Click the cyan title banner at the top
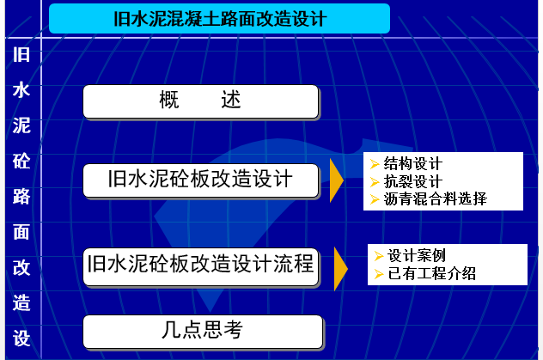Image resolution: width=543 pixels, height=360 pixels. click(x=220, y=18)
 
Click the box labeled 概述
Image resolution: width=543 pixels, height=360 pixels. click(x=201, y=101)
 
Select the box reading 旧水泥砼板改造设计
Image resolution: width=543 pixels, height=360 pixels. click(x=201, y=180)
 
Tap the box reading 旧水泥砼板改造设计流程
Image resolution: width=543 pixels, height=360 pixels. click(x=201, y=266)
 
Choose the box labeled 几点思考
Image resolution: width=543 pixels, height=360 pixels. click(x=203, y=332)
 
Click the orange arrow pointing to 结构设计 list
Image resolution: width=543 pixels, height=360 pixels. click(x=336, y=180)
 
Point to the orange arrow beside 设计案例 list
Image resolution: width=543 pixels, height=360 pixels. click(x=340, y=269)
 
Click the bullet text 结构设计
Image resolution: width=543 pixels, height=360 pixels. click(x=412, y=163)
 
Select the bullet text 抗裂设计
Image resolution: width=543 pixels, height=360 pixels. click(x=412, y=181)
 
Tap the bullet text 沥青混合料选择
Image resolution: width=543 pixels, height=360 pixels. click(x=436, y=198)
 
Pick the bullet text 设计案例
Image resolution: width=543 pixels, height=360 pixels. click(x=417, y=255)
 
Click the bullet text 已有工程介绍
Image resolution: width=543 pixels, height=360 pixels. click(x=432, y=273)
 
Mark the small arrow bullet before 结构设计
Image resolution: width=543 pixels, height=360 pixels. click(x=375, y=164)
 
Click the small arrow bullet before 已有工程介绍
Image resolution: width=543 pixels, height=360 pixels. click(x=379, y=274)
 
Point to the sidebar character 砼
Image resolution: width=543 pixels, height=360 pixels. click(x=21, y=161)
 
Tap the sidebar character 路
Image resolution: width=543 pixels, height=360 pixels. click(x=21, y=197)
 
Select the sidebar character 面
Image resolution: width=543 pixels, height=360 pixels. click(x=21, y=232)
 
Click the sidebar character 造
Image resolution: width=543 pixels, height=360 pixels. click(x=21, y=303)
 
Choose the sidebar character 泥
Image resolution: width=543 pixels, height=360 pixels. click(x=21, y=125)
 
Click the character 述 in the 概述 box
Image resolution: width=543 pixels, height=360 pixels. click(x=231, y=100)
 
